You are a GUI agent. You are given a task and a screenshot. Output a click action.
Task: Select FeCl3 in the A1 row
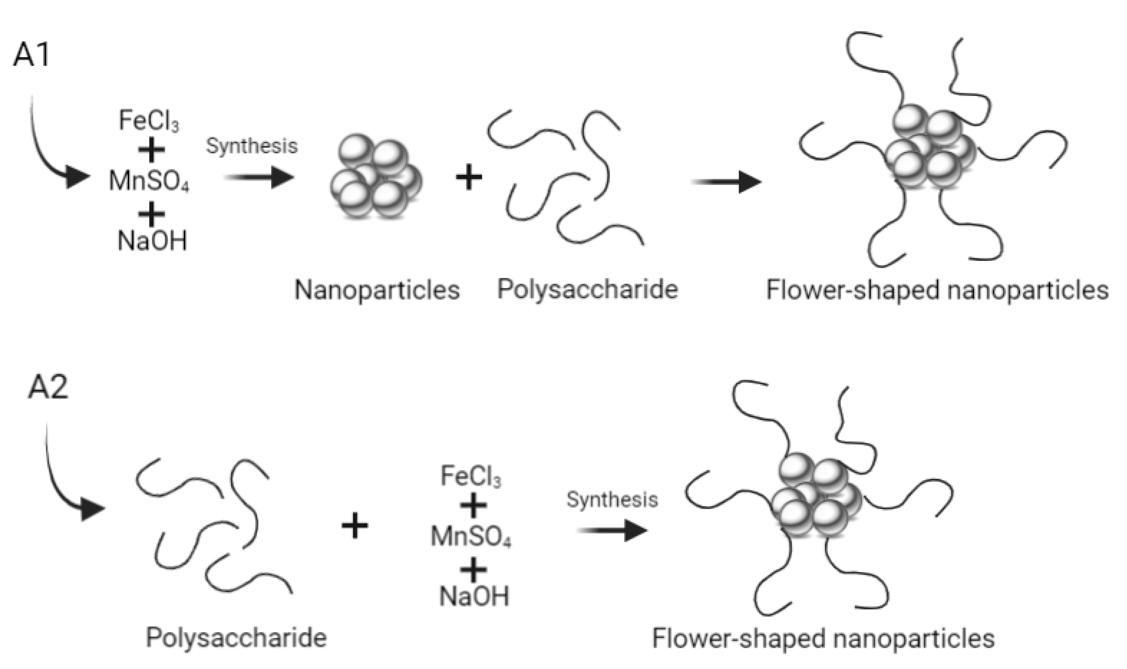click(149, 121)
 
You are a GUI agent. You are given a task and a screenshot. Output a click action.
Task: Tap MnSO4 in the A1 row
click(149, 181)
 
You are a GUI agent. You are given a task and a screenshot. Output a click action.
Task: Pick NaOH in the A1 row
click(152, 241)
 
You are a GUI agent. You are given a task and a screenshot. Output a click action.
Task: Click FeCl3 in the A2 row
click(470, 476)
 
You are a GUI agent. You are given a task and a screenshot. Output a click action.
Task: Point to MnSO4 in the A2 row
click(470, 536)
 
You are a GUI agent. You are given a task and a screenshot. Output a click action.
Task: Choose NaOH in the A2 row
click(473, 596)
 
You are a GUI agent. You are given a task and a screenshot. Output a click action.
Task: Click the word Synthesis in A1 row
click(252, 146)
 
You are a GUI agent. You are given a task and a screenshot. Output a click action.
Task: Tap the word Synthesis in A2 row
click(612, 499)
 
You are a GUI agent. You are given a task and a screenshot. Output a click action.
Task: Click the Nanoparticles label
click(377, 290)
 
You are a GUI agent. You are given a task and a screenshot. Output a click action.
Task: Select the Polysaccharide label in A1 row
click(587, 289)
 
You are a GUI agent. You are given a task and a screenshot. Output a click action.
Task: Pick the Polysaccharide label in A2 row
click(236, 638)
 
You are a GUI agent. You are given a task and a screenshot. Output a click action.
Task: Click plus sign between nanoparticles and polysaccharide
click(469, 177)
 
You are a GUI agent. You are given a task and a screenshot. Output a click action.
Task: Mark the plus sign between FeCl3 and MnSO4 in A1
click(151, 150)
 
